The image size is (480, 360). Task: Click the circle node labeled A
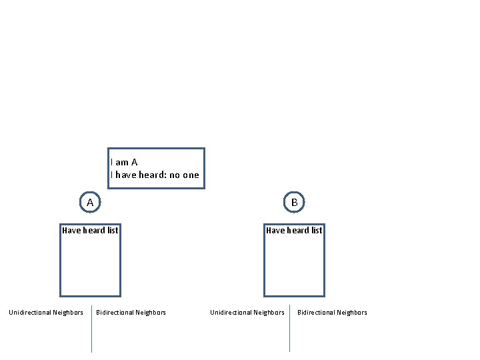[x=90, y=202]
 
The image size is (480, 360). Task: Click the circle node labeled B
[x=294, y=202]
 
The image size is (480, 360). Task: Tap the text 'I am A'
[x=124, y=162]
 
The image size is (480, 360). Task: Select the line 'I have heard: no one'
[x=155, y=175]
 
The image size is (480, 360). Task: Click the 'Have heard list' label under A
[x=90, y=231]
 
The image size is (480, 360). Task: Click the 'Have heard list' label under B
[x=294, y=231]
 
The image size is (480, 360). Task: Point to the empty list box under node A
[x=90, y=267]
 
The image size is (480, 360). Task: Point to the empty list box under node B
[x=294, y=267]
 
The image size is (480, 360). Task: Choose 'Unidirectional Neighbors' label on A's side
[x=46, y=313]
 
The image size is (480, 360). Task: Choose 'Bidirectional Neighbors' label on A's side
[x=131, y=313]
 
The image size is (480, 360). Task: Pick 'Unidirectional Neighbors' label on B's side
[x=247, y=313]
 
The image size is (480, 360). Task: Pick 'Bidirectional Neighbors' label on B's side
[x=332, y=313]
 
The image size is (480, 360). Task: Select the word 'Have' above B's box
[x=275, y=231]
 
